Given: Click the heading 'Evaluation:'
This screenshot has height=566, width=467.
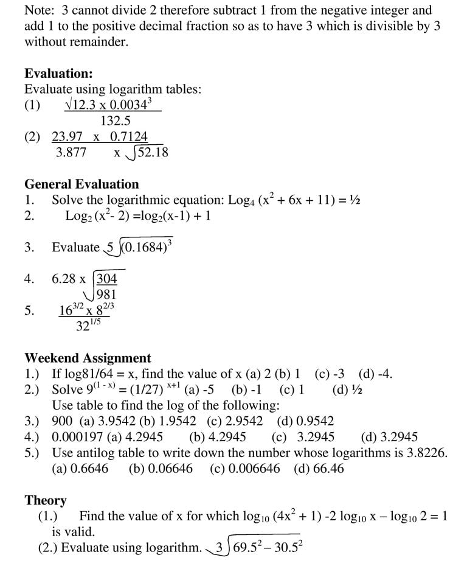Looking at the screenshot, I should [x=58, y=74].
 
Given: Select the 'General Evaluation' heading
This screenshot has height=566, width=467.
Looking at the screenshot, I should [x=81, y=184].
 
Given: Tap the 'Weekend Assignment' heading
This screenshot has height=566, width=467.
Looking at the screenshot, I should [x=88, y=358].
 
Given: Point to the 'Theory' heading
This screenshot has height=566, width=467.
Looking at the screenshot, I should [x=45, y=500].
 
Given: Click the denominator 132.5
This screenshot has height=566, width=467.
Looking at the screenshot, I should [x=116, y=121].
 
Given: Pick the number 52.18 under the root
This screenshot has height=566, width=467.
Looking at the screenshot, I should [x=153, y=152].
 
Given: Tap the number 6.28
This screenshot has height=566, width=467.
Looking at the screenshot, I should [x=64, y=279].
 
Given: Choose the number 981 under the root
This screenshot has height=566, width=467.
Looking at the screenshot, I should [x=107, y=295].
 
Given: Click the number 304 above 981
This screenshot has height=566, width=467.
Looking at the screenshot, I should [x=107, y=279].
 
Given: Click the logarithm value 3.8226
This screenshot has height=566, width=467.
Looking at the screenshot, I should [x=425, y=453].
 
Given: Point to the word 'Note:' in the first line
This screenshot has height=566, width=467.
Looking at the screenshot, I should [x=40, y=10].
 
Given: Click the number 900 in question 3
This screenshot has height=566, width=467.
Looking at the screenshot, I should [x=62, y=421].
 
